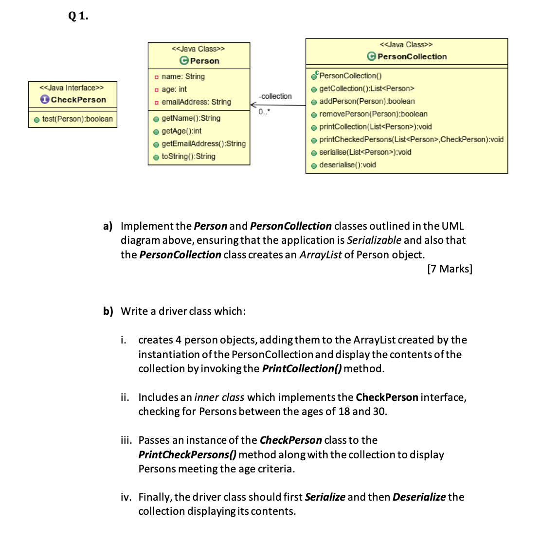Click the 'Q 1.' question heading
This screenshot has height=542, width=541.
pyautogui.click(x=78, y=16)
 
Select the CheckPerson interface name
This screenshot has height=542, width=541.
pyautogui.click(x=78, y=100)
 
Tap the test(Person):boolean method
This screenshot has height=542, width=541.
pyautogui.click(x=77, y=119)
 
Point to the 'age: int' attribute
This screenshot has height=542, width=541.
pyautogui.click(x=174, y=89)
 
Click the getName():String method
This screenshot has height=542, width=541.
pyautogui.click(x=191, y=118)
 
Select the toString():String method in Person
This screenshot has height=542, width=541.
pyautogui.click(x=188, y=156)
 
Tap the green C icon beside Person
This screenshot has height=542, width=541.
pyautogui.click(x=184, y=61)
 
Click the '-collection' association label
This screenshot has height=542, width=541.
pyautogui.click(x=275, y=96)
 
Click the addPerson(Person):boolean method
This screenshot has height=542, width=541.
pyautogui.click(x=367, y=101)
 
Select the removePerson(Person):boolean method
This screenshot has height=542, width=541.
pyautogui.click(x=373, y=114)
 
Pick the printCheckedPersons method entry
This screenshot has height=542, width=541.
pyautogui.click(x=411, y=140)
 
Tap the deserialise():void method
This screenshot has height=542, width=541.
pyautogui.click(x=347, y=165)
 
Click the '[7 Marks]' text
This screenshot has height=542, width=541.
pyautogui.click(x=450, y=269)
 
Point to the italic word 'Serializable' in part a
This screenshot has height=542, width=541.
pyautogui.click(x=374, y=240)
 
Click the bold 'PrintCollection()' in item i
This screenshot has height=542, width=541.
pyautogui.click(x=301, y=369)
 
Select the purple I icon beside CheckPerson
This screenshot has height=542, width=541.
pyautogui.click(x=45, y=100)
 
